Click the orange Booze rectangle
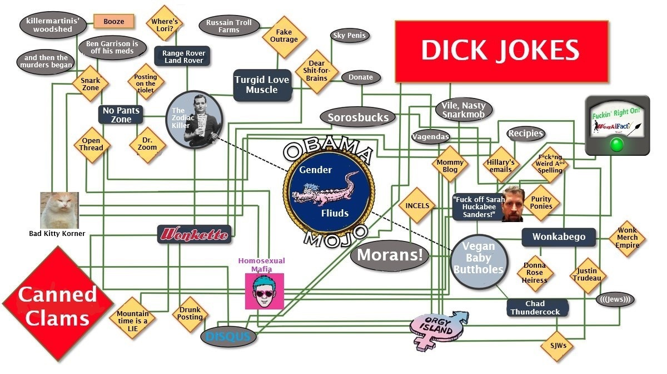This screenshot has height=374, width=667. click(114, 22)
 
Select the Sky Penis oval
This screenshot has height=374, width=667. click(350, 36)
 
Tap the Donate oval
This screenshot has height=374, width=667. click(361, 77)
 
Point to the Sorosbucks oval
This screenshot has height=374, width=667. click(358, 117)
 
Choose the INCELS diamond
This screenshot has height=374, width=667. click(417, 205)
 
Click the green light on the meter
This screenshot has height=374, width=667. click(616, 144)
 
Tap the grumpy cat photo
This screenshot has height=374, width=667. click(59, 210)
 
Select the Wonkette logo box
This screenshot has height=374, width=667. click(194, 234)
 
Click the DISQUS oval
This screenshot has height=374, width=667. click(228, 337)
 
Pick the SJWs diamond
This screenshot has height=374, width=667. click(558, 346)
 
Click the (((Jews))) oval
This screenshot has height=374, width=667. click(615, 299)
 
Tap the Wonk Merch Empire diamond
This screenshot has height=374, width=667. click(627, 238)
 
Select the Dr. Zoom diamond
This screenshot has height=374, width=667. click(147, 145)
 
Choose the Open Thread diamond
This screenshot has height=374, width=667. click(92, 145)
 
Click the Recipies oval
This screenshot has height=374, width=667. click(526, 134)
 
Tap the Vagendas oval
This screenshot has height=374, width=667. click(431, 137)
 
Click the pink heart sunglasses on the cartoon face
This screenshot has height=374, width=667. click(265, 294)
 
